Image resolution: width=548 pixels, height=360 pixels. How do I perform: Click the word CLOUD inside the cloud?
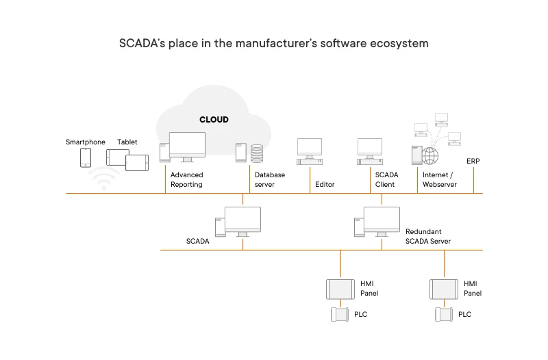pyautogui.click(x=214, y=120)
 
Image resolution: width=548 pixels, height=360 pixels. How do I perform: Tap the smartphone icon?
pyautogui.click(x=86, y=157)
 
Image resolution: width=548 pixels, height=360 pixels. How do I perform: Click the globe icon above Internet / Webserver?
pyautogui.click(x=430, y=155)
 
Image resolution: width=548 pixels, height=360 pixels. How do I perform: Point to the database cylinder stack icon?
pyautogui.click(x=258, y=153)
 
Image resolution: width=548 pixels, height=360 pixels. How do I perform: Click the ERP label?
pyautogui.click(x=473, y=162)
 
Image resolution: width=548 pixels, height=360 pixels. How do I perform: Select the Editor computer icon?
pyautogui.click(x=309, y=151)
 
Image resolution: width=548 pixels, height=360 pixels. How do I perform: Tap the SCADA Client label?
pyautogui.click(x=386, y=179)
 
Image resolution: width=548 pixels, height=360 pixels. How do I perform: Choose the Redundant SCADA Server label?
pyautogui.click(x=427, y=236)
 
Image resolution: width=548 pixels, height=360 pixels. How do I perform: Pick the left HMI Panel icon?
pyautogui.click(x=340, y=289)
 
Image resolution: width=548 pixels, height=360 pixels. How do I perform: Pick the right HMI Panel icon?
pyautogui.click(x=444, y=289)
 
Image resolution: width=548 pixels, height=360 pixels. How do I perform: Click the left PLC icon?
pyautogui.click(x=340, y=315)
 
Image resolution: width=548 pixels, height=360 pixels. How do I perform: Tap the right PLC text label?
pyautogui.click(x=464, y=315)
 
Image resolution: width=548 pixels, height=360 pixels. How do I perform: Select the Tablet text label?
pyautogui.click(x=127, y=142)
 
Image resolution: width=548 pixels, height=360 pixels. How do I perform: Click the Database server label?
pyautogui.click(x=269, y=179)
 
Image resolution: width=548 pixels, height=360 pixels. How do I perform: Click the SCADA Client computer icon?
pyautogui.click(x=369, y=151)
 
